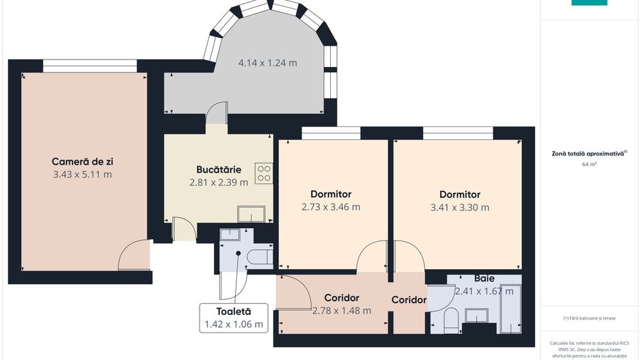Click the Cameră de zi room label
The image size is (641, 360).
82,162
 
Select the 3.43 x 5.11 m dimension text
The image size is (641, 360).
82,174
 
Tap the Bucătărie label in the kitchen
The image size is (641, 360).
218,170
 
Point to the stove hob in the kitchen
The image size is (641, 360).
264,173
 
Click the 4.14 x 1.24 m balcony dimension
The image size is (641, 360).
267,64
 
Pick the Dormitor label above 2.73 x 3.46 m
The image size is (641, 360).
331,195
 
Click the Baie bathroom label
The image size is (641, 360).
485,279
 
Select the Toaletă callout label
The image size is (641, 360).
234,311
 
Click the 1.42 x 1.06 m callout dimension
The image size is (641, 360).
234,324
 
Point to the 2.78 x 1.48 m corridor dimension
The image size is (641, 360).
342,311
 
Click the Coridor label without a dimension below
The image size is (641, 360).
409,300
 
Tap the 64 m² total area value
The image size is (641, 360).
589,165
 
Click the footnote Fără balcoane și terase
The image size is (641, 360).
589,318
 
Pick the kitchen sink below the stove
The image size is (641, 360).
251,214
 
